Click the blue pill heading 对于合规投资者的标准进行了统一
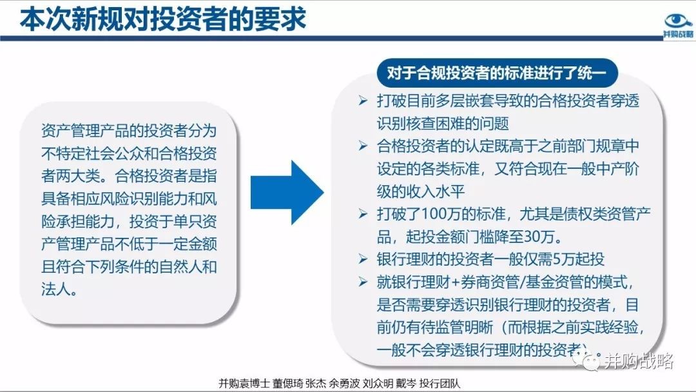(x=497, y=73)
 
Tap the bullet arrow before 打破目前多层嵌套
(x=363, y=101)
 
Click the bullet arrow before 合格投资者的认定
(x=363, y=146)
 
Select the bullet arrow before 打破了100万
(x=363, y=214)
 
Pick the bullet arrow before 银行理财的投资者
(x=363, y=259)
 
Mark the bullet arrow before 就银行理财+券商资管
(x=363, y=282)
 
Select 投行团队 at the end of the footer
(x=440, y=384)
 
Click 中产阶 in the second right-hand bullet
(x=617, y=169)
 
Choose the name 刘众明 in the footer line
(x=378, y=384)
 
